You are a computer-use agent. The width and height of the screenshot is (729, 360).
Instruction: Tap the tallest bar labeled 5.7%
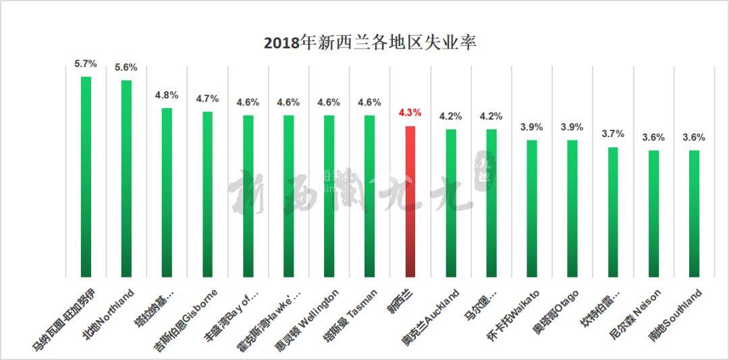[x=86, y=176]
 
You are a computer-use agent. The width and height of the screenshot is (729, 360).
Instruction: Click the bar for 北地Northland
[x=126, y=178]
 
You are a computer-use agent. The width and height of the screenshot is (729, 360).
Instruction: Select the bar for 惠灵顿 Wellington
[x=329, y=196]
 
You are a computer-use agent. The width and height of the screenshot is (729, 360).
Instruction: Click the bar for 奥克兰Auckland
[x=451, y=203]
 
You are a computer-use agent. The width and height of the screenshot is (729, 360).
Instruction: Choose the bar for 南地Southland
[x=694, y=213]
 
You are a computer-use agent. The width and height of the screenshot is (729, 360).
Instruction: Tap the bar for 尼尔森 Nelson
[x=653, y=213]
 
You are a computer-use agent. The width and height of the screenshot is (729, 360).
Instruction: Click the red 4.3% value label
[x=410, y=113]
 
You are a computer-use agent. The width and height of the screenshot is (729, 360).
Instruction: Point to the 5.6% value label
[x=126, y=67]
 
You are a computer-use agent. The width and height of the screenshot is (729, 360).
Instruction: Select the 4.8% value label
[x=167, y=95]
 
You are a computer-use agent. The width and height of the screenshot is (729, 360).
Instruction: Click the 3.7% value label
[x=613, y=134]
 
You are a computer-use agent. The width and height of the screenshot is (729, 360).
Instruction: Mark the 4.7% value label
[x=207, y=99]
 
